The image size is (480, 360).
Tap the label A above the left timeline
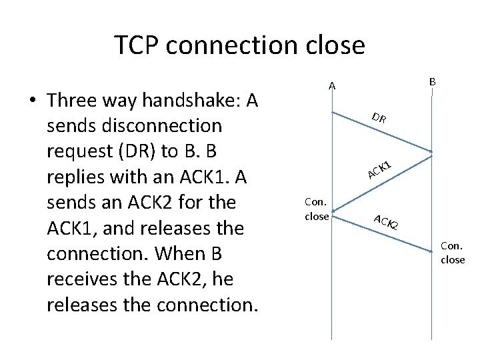click(331, 85)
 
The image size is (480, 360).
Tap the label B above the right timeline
click(432, 81)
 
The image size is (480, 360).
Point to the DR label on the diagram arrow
click(379, 119)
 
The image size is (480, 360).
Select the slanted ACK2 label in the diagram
click(385, 221)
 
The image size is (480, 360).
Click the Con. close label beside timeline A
click(316, 208)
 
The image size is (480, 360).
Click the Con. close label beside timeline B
click(453, 253)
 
